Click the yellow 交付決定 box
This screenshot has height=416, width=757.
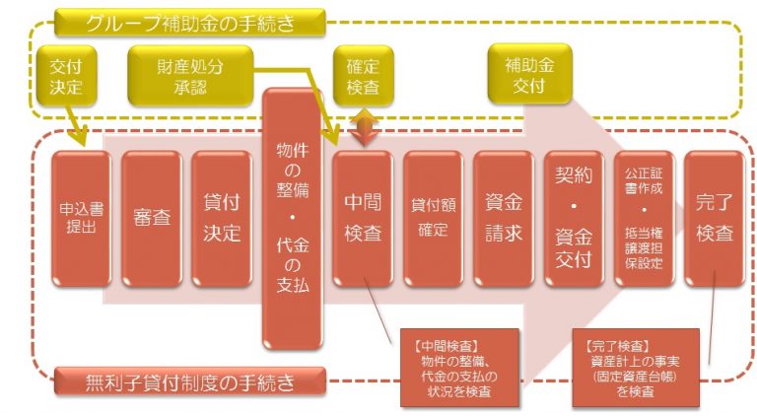[66, 76]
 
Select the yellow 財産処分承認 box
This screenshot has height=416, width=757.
[190, 76]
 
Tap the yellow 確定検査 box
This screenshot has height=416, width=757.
[363, 76]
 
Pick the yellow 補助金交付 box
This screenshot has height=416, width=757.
[529, 74]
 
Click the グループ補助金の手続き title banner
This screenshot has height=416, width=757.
[189, 23]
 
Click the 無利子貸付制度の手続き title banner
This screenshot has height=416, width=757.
[189, 381]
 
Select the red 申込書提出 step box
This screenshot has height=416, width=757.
[81, 219]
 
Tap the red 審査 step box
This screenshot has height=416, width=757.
[152, 219]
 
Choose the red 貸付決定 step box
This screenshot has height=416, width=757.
[222, 219]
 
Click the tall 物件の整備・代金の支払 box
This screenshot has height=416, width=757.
[292, 218]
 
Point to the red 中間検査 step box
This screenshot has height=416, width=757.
[363, 219]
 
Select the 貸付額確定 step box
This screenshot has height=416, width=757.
[433, 219]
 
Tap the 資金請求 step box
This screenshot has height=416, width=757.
[504, 219]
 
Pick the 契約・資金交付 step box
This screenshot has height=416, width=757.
[574, 219]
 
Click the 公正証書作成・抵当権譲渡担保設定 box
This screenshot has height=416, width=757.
[644, 219]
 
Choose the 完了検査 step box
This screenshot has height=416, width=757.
[715, 219]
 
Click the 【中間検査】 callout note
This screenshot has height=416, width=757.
[459, 369]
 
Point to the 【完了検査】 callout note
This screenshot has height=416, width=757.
[636, 369]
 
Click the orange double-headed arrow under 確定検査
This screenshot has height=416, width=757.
[365, 127]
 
